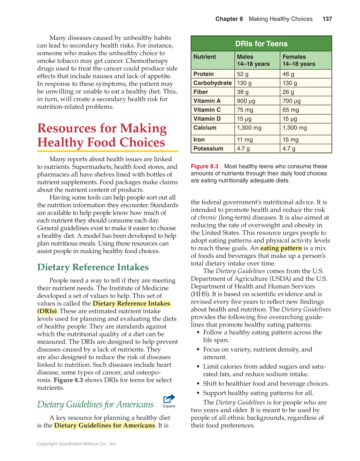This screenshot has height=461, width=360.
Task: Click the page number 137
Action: tap(327, 19)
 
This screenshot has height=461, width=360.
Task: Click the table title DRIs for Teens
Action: tap(261, 44)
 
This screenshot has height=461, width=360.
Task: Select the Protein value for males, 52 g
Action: tap(243, 74)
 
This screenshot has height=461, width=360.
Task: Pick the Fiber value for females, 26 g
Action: tap(288, 92)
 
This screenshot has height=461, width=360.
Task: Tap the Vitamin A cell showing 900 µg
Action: tap(246, 101)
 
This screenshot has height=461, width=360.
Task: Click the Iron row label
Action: tap(199, 140)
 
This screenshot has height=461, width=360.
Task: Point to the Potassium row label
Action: tap(208, 148)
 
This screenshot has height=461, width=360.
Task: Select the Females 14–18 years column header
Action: tap(299, 60)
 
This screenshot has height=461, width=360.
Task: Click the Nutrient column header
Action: tap(204, 57)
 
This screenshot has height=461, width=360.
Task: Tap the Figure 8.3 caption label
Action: tap(204, 167)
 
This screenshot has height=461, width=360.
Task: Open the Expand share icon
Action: tap(169, 400)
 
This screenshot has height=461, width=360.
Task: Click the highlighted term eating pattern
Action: tap(281, 248)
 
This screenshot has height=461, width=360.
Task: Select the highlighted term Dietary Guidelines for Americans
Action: tap(104, 425)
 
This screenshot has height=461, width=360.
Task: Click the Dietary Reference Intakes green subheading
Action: tap(93, 267)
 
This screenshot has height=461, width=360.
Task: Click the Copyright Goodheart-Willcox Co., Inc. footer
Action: tap(77, 444)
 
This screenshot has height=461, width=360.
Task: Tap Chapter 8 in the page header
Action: tap(229, 19)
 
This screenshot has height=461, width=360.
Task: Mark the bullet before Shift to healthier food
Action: tap(199, 384)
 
